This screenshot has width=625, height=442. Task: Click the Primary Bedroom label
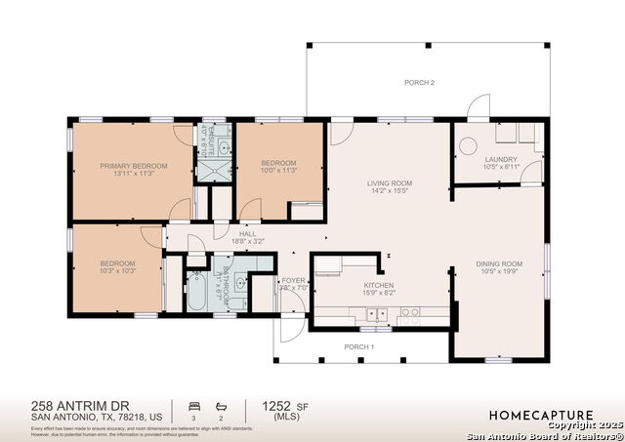tap(133, 166)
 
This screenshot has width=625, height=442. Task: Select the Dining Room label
tap(499, 263)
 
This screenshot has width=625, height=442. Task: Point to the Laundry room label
tap(501, 159)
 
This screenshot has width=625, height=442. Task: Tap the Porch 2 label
tap(419, 83)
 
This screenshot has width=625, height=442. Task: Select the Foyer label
tap(294, 280)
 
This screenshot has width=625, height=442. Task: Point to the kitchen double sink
tap(375, 313)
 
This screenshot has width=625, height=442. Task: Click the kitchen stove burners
tap(411, 313)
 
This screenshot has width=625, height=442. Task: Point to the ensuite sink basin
tap(224, 148)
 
